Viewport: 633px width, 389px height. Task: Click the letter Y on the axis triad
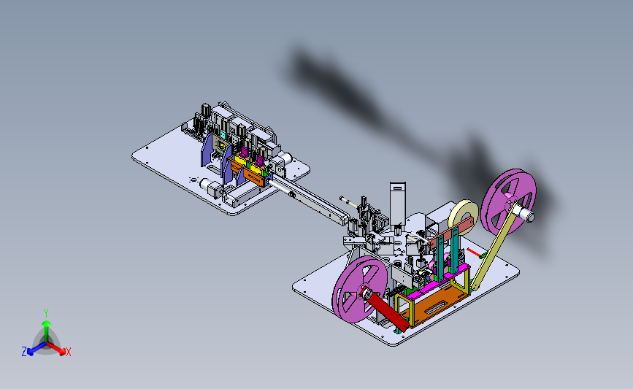[x=46, y=313]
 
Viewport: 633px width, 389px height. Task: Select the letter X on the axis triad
[x=69, y=352]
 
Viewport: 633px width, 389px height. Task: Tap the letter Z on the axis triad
[x=24, y=352]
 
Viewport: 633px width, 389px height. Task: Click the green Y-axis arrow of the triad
[x=47, y=331]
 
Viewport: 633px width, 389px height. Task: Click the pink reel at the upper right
[x=509, y=201]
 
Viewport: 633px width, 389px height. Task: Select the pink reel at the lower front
[x=360, y=289]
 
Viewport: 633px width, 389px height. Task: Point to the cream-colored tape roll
[x=463, y=215]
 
